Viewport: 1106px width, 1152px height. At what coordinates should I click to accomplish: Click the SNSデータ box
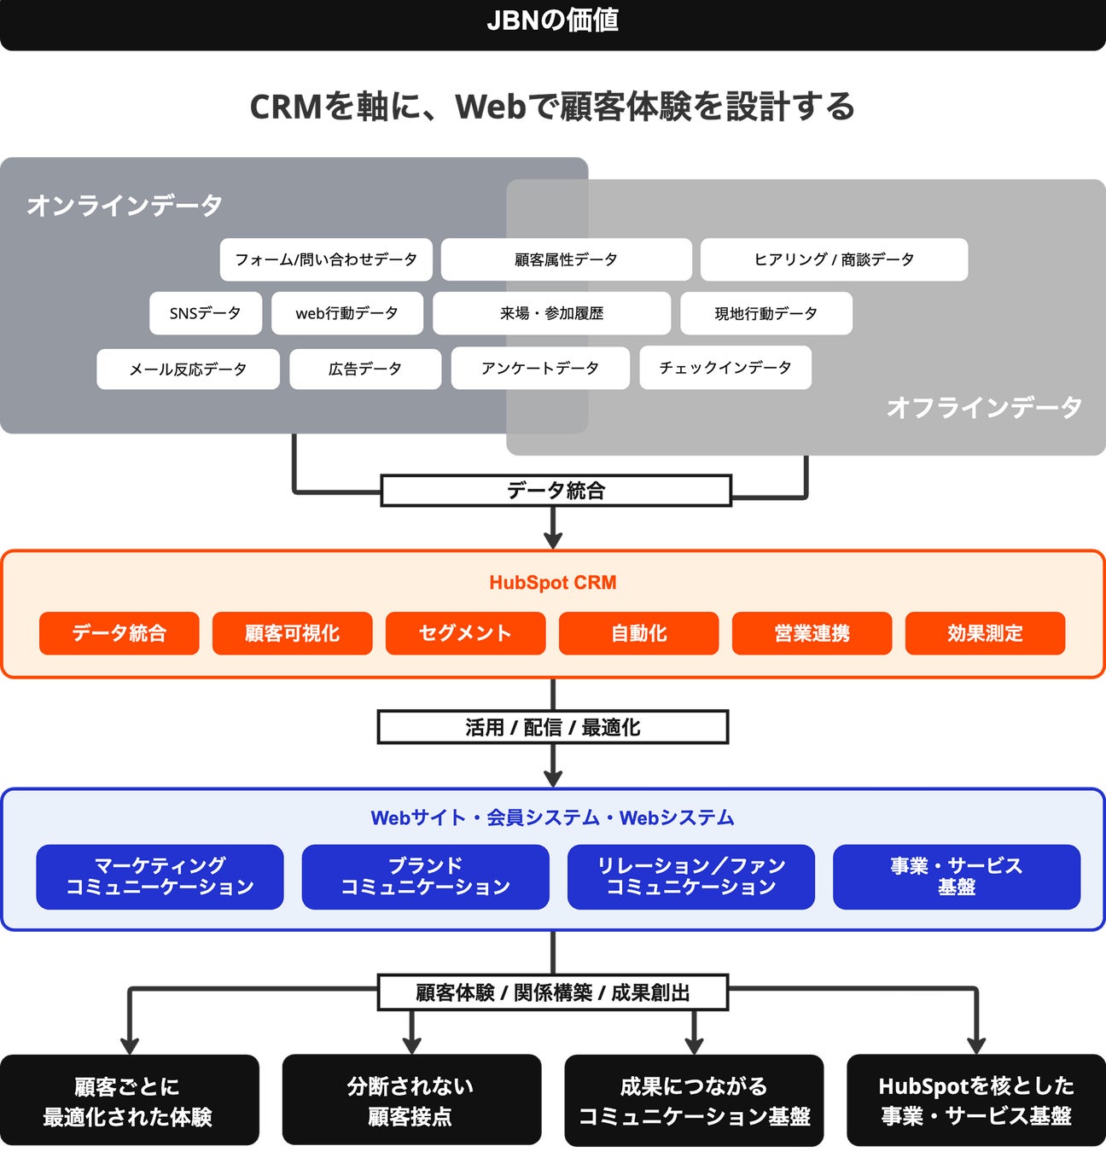(205, 313)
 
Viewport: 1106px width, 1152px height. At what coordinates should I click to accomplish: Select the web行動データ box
(346, 313)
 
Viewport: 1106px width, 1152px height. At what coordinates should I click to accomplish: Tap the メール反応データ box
(188, 369)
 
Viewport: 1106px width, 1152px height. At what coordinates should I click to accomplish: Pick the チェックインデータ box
(725, 368)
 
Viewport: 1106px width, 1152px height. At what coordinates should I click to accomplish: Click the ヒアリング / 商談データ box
(834, 259)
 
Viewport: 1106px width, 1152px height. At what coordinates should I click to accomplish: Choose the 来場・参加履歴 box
(551, 313)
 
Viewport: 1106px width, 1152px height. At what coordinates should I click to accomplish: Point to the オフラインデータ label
(984, 407)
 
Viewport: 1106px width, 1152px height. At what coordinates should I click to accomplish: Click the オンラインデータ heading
(125, 205)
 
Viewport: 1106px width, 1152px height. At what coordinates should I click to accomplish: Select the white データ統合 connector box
(556, 491)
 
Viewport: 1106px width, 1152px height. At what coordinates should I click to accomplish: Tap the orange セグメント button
(465, 633)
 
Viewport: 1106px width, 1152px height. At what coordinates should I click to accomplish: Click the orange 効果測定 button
(985, 633)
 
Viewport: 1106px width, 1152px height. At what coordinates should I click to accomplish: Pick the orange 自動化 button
(638, 633)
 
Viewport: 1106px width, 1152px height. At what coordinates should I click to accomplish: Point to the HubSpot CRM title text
(553, 583)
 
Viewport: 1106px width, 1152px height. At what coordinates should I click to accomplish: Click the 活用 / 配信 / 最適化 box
(553, 727)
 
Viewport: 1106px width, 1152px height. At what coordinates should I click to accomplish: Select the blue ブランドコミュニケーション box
(425, 876)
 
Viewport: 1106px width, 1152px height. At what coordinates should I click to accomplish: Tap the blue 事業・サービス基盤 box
(956, 876)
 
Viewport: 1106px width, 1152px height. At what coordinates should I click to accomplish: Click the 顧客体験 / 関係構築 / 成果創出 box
(553, 992)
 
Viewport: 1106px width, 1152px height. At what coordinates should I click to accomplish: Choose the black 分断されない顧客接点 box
(411, 1100)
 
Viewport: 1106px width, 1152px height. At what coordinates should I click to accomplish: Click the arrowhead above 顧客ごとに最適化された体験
(130, 1044)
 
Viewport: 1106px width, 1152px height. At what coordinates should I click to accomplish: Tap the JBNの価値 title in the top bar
(553, 20)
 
